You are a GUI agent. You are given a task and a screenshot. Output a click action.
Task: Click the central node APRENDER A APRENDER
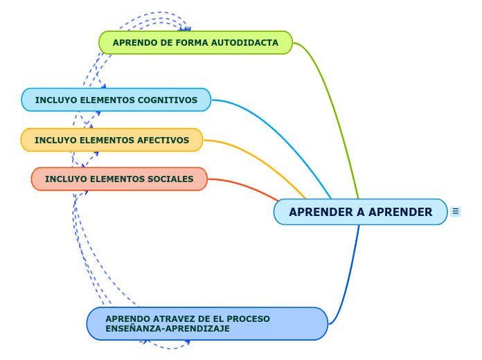[360, 212]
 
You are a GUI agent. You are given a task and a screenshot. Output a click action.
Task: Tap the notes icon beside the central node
[455, 211]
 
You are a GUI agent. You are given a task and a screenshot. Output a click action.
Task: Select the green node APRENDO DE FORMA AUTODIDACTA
[195, 43]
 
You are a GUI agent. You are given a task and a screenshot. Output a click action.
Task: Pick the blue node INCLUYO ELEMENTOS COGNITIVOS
[116, 100]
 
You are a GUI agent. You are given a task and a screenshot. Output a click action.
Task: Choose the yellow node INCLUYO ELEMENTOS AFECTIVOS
[111, 141]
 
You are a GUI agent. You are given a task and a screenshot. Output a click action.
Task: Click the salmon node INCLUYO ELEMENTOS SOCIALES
[119, 179]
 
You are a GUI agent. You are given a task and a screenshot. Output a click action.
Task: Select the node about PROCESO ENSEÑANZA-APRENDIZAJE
[207, 324]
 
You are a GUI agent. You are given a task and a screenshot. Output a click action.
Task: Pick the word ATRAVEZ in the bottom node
[163, 319]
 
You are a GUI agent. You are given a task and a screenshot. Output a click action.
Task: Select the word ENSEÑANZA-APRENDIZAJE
[168, 329]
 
